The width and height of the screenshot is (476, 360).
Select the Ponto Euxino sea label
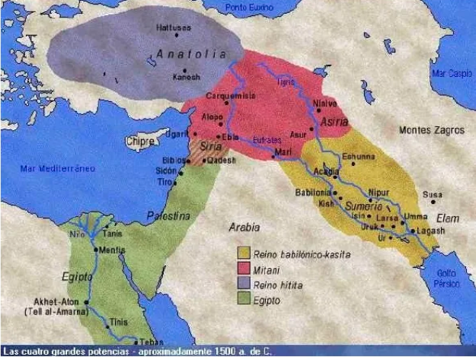[x=248, y=7]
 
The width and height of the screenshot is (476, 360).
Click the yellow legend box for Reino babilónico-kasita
[x=244, y=253]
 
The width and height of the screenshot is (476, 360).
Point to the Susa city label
[x=432, y=195]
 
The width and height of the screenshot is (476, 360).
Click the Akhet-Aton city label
[x=57, y=301]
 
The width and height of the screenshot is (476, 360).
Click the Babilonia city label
[x=312, y=192]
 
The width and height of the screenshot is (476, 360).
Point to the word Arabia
[x=244, y=227]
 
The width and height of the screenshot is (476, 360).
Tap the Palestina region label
[x=168, y=216]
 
